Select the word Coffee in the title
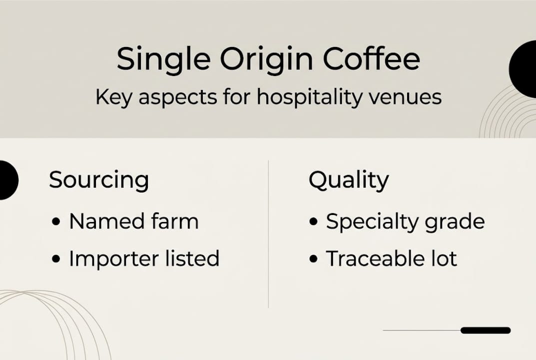tap(371, 59)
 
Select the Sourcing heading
tap(99, 180)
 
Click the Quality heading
tap(349, 180)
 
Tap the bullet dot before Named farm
tap(56, 221)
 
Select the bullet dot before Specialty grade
tap(314, 221)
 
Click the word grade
tap(458, 222)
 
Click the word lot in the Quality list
tap(445, 258)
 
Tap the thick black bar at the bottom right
tap(485, 330)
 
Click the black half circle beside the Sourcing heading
tap(7, 180)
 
